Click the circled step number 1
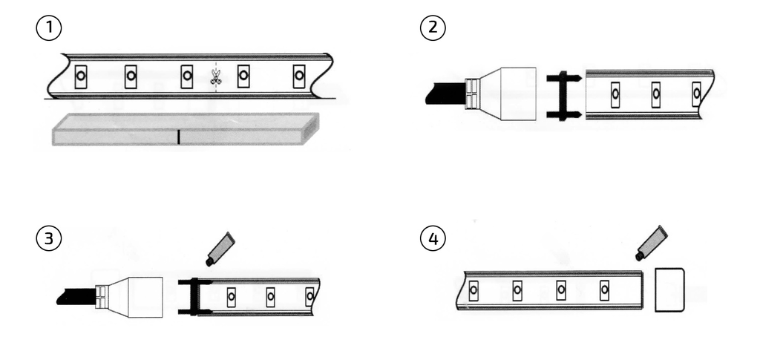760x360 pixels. point(49,27)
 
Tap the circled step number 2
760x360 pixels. point(433,27)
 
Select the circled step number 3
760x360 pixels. point(49,238)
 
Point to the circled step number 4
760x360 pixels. point(433,238)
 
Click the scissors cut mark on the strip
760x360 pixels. point(216,77)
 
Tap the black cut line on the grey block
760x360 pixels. point(178,137)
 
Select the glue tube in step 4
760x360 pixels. point(652,243)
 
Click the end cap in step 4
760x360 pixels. point(669,289)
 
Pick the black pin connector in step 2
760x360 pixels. point(563,96)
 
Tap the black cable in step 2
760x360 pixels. point(445,93)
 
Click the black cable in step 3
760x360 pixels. point(76,296)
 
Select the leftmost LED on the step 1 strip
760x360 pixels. point(81,76)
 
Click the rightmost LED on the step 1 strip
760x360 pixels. point(299,76)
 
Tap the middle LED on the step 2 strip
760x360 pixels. point(656,94)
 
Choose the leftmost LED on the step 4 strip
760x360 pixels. point(474,290)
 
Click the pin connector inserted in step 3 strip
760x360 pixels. point(195,297)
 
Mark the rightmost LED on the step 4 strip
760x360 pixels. point(604,289)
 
